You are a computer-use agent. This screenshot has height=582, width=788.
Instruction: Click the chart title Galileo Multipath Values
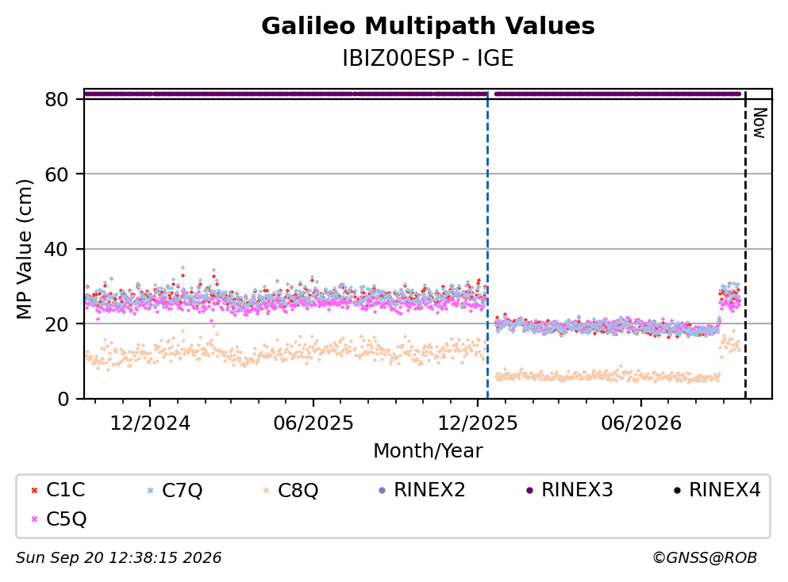(428, 26)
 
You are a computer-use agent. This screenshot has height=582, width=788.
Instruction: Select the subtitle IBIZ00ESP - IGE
(428, 58)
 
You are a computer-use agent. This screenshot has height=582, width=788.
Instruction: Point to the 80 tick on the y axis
(56, 99)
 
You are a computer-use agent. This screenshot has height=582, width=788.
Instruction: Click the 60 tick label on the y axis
(56, 174)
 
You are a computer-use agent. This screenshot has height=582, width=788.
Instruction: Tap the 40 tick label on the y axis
(56, 249)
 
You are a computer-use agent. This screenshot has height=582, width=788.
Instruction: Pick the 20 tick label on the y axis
(56, 324)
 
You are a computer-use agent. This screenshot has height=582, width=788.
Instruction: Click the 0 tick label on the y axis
(63, 399)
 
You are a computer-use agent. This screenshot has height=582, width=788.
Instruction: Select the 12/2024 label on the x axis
(150, 423)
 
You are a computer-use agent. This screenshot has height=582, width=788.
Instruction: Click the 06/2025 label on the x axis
(313, 423)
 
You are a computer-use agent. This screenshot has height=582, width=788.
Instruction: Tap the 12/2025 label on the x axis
(477, 423)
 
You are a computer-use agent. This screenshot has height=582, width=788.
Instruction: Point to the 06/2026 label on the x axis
(640, 423)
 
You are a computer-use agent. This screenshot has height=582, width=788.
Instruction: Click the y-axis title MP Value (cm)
(24, 249)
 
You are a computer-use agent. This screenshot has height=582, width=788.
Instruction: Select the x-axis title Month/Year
(428, 451)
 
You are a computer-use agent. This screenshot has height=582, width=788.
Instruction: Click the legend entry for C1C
(58, 489)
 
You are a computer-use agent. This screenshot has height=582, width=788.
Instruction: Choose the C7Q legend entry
(175, 489)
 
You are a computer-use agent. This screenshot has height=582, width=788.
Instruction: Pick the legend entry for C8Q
(290, 489)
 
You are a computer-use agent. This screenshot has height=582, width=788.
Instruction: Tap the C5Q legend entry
(58, 519)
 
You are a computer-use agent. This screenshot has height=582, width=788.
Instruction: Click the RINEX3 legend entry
(570, 489)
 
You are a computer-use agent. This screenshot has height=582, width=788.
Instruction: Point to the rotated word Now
(760, 123)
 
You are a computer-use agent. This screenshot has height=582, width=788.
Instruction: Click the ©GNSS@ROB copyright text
(705, 557)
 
